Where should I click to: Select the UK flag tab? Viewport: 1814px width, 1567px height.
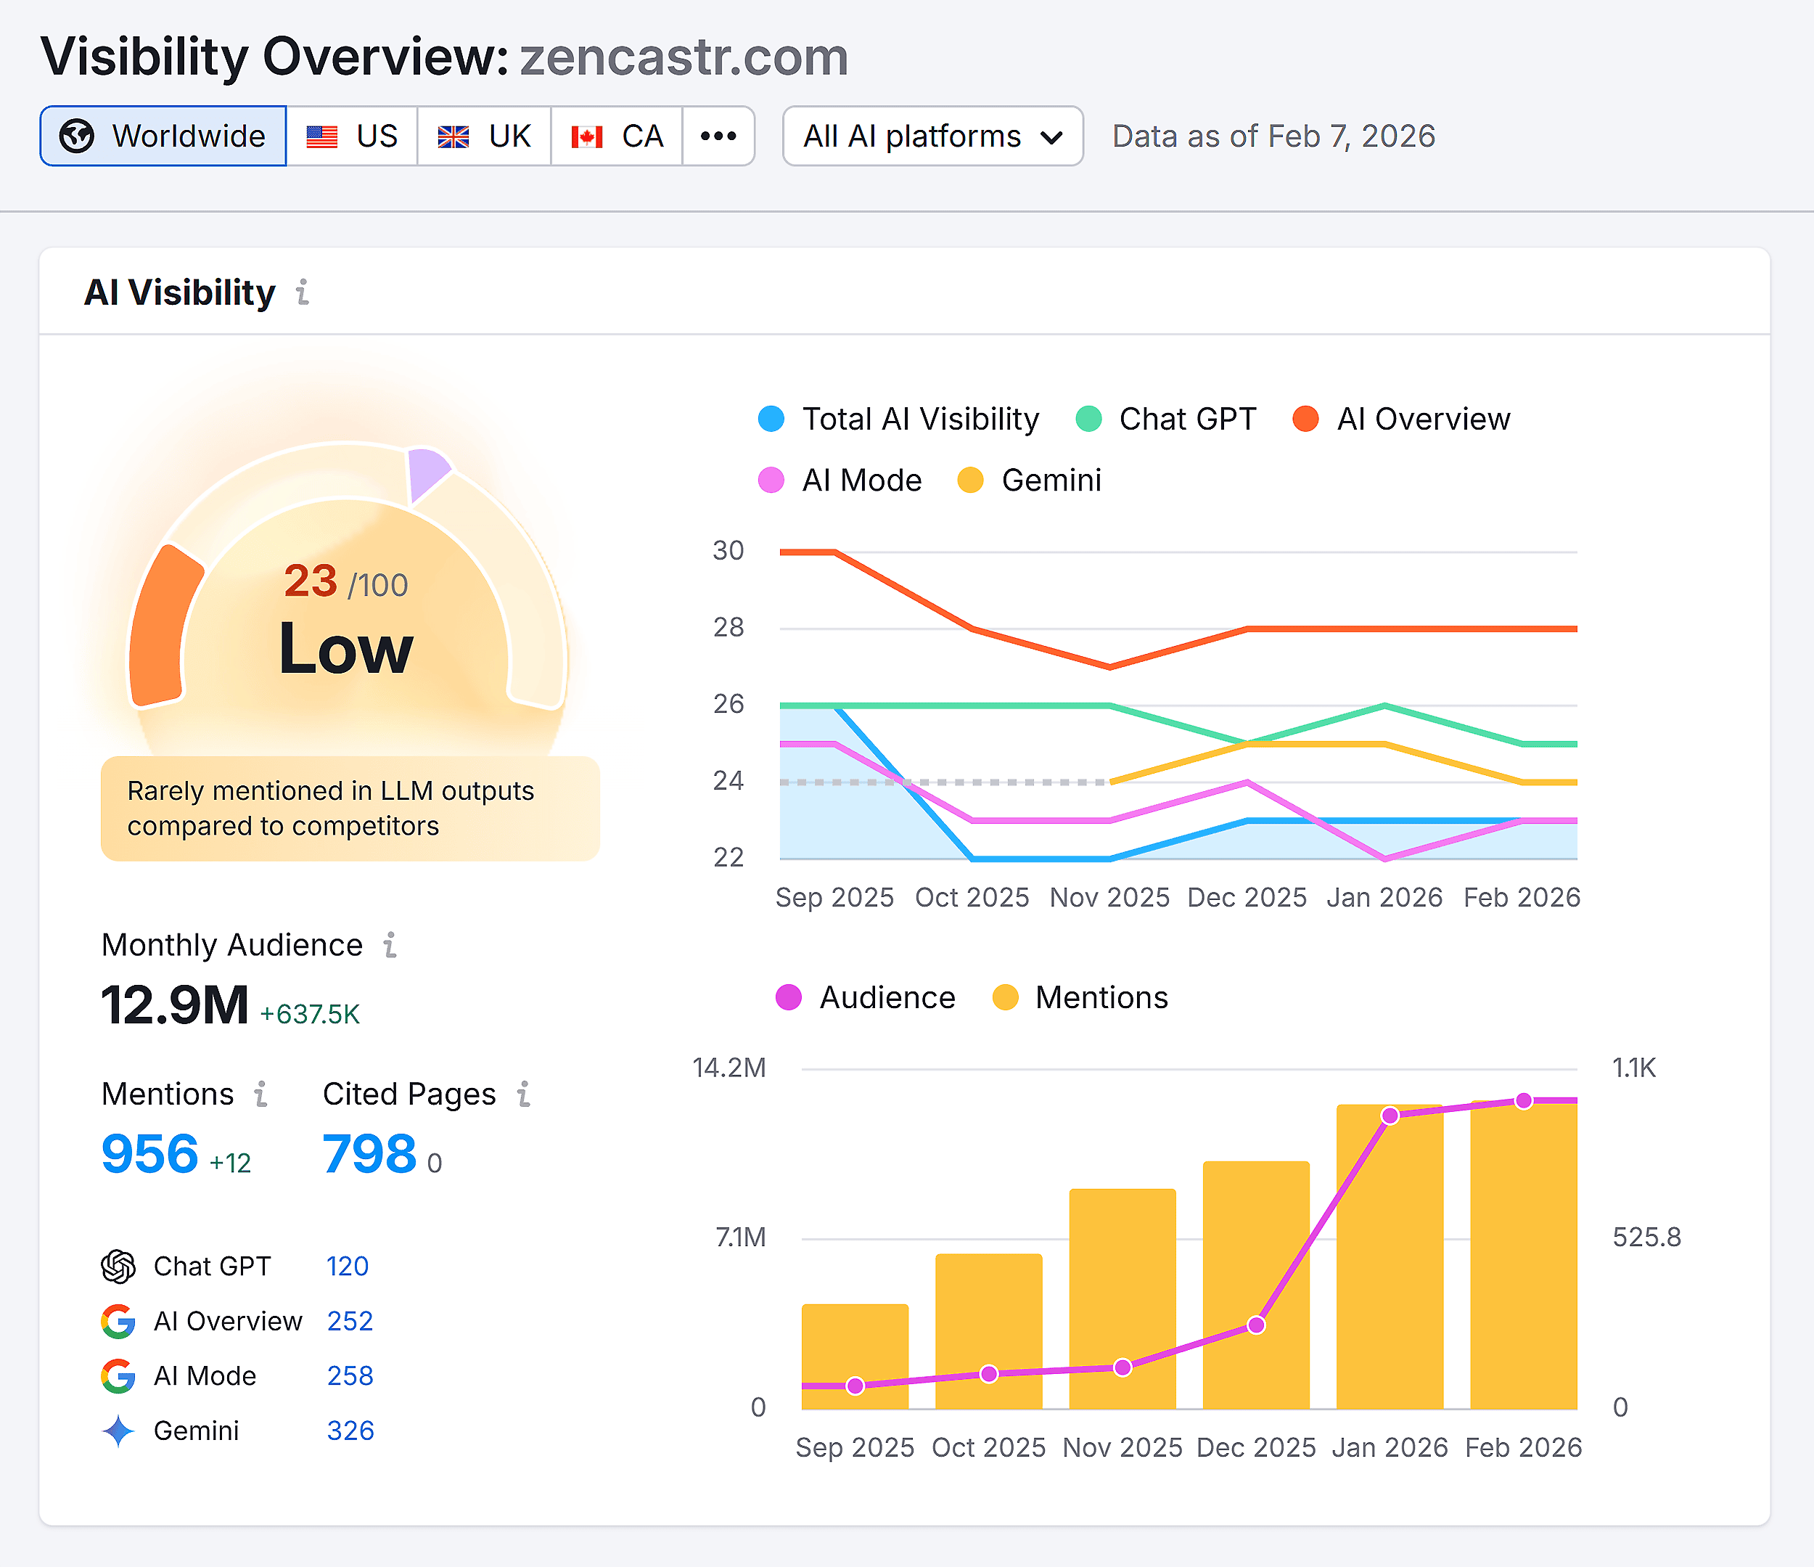484,136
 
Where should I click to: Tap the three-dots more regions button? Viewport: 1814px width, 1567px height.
718,136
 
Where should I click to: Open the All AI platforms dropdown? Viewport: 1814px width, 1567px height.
932,136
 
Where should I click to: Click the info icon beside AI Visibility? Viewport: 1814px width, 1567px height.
302,292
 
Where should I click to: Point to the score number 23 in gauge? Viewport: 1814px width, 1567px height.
311,581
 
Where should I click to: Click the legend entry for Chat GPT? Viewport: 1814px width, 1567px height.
1167,419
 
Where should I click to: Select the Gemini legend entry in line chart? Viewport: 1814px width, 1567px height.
1030,480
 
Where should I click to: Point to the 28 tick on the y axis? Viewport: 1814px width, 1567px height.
728,627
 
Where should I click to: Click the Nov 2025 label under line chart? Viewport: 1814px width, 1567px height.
1109,897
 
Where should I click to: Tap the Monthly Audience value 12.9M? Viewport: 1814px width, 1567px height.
175,1005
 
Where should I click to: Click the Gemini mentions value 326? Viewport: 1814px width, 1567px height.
350,1431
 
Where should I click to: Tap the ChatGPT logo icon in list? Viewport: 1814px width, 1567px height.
118,1267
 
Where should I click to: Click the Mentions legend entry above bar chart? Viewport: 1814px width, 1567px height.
1081,998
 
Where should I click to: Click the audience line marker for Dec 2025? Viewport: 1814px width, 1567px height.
1255,1325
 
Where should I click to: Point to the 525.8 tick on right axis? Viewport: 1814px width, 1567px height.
1646,1237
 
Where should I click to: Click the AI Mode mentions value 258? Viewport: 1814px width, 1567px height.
350,1376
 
